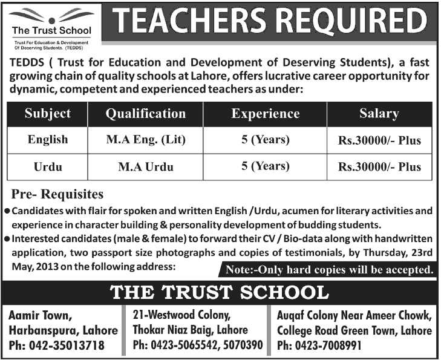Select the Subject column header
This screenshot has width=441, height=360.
click(x=48, y=114)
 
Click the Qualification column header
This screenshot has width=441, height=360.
click(x=145, y=114)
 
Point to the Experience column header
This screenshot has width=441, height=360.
click(x=266, y=114)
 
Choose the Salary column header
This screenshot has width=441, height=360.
click(x=379, y=114)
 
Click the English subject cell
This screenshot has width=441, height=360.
click(x=48, y=140)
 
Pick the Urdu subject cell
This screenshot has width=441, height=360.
click(x=48, y=166)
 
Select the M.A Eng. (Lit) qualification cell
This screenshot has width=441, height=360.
click(x=145, y=140)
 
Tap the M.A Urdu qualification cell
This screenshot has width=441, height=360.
click(x=145, y=166)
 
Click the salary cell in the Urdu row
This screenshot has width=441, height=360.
click(x=379, y=167)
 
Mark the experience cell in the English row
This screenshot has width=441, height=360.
click(x=266, y=140)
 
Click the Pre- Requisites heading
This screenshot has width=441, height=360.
click(x=57, y=195)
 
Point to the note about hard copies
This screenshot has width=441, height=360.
click(x=329, y=269)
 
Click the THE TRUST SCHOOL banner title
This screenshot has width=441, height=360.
click(x=220, y=293)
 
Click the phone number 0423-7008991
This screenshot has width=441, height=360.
click(x=328, y=346)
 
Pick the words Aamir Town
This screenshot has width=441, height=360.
click(x=40, y=315)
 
